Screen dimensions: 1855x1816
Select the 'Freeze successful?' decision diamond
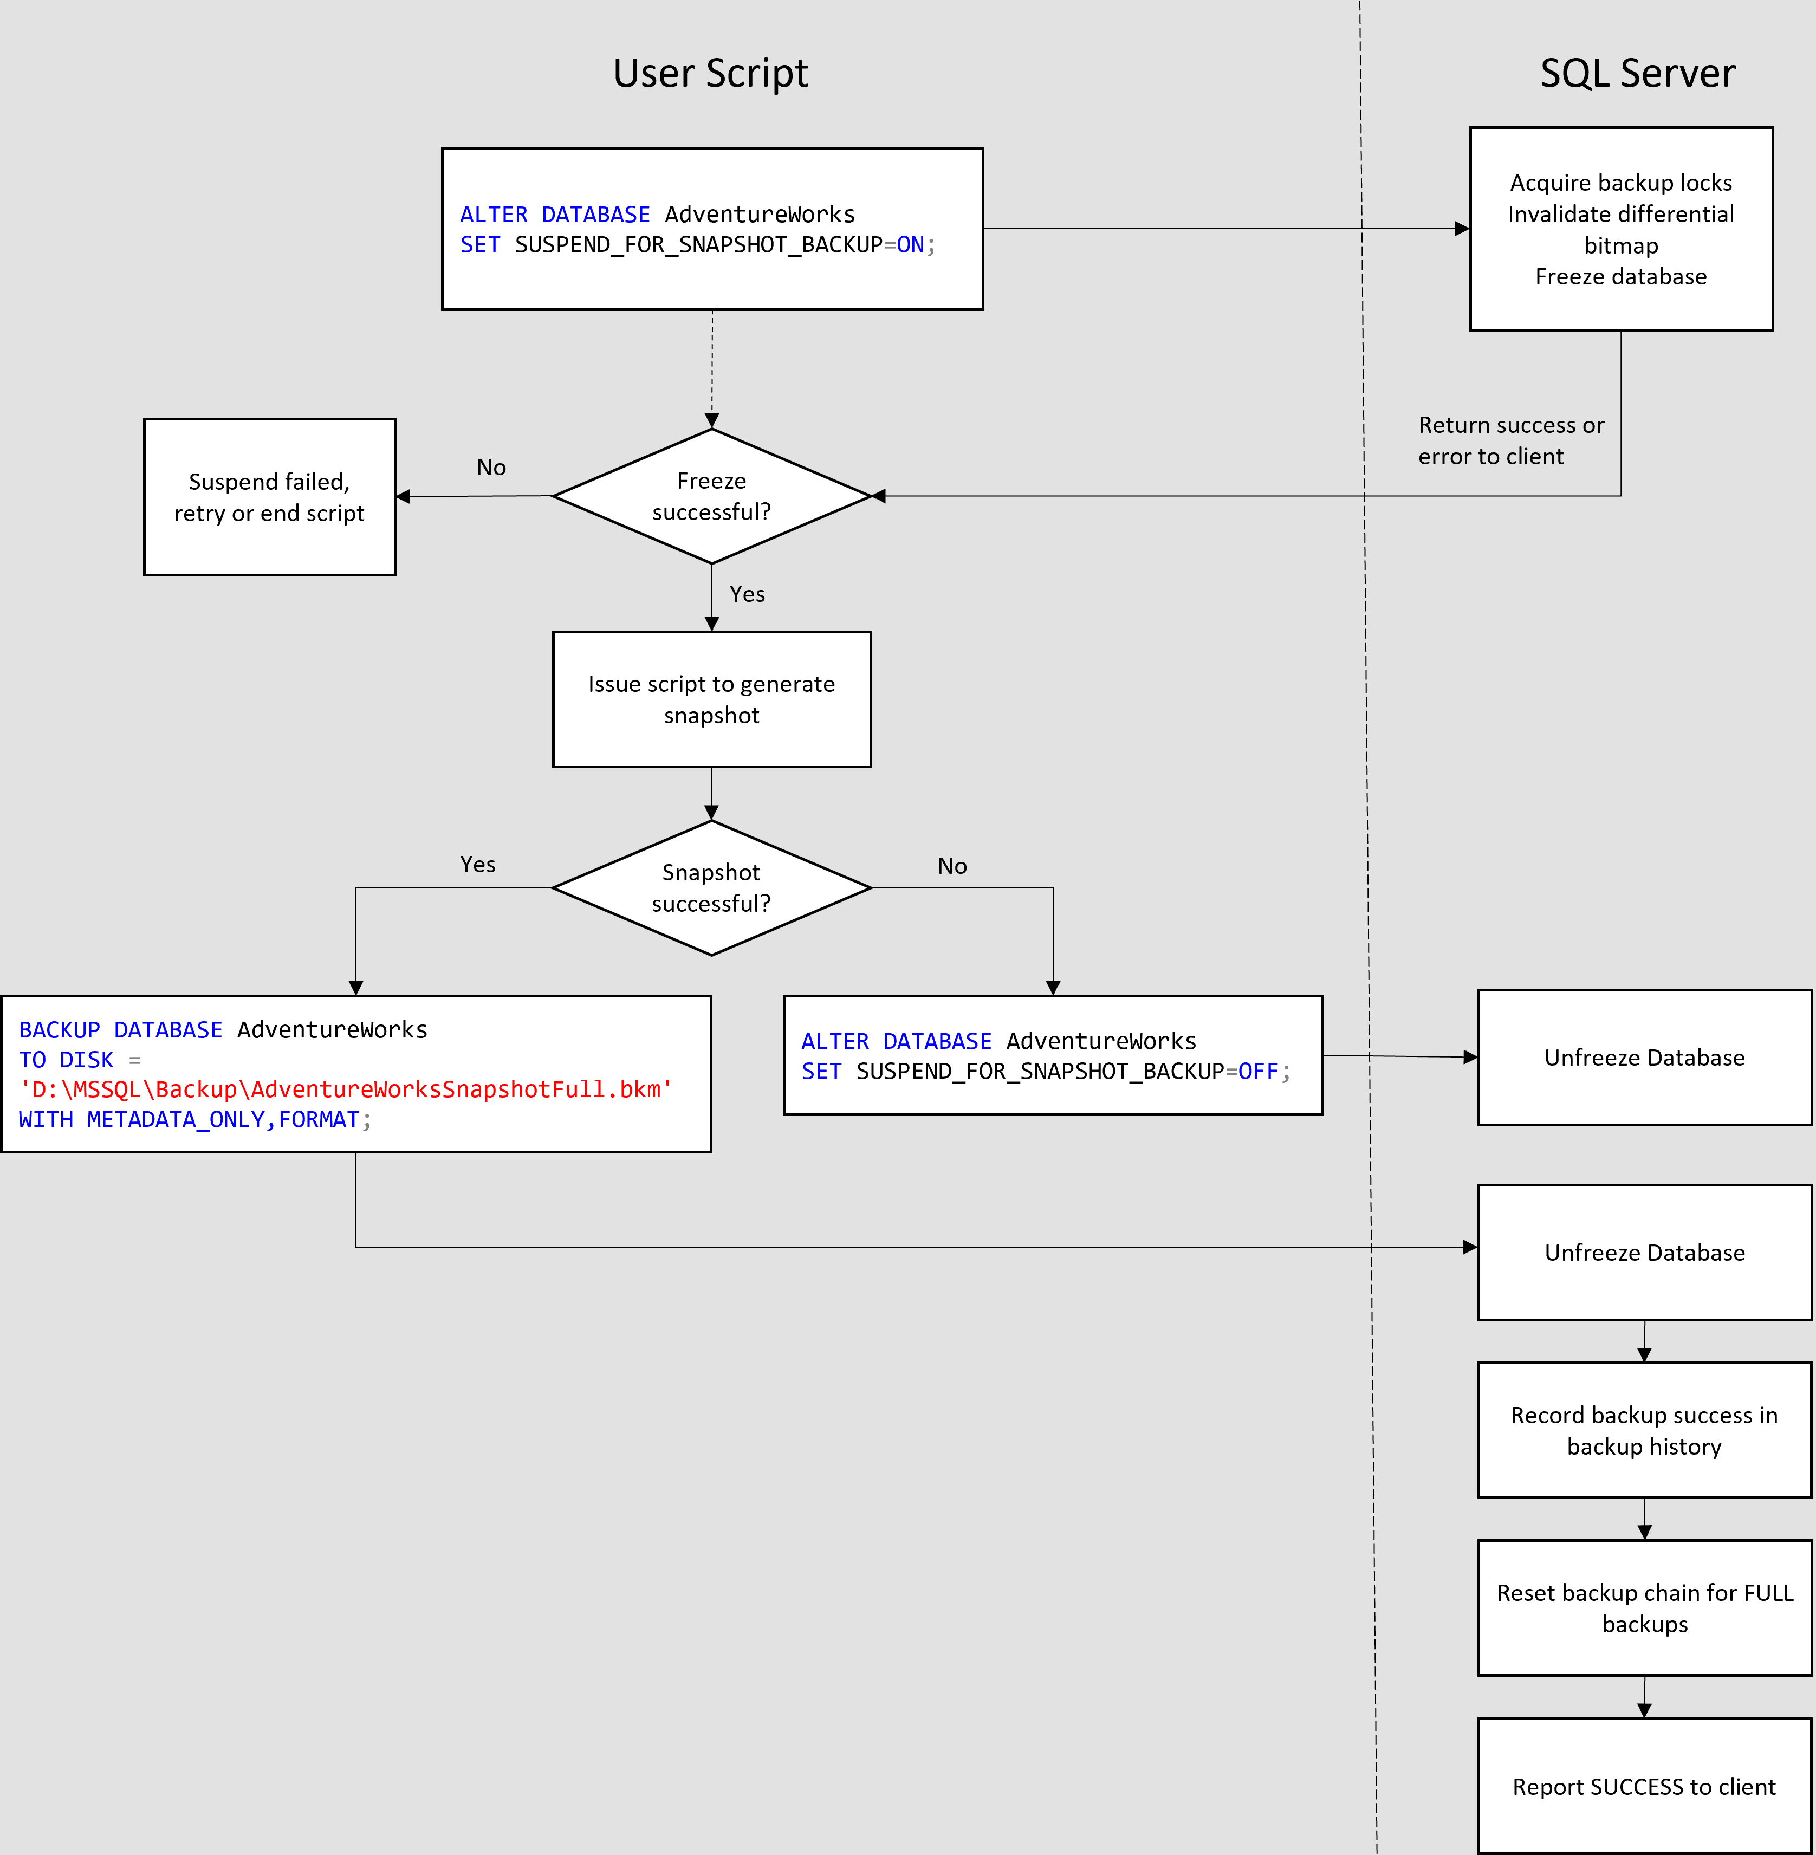(711, 496)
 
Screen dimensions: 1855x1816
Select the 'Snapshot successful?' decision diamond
(711, 888)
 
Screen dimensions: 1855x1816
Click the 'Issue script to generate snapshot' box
(711, 699)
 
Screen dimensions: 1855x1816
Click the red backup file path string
(345, 1089)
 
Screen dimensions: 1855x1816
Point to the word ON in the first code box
(910, 245)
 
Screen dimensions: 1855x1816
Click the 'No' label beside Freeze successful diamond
(491, 468)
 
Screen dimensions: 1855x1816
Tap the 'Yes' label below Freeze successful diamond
(747, 594)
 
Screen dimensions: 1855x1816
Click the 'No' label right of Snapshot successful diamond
(952, 866)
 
